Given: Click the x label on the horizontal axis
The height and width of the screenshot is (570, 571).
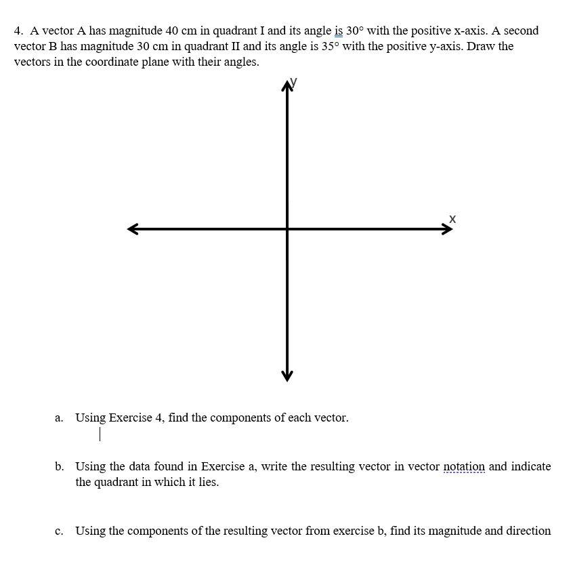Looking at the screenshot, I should click(x=452, y=219).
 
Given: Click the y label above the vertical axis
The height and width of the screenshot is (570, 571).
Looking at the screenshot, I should click(x=293, y=83).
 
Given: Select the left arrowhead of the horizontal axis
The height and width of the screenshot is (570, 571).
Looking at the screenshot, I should click(x=133, y=229).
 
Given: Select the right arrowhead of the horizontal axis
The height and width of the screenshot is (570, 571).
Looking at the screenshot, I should click(x=447, y=229).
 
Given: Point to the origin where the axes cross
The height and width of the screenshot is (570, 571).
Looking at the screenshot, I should click(x=287, y=229).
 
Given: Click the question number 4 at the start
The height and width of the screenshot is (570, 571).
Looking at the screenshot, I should click(x=18, y=31).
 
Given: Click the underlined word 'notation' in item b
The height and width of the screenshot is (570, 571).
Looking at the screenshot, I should click(x=464, y=466).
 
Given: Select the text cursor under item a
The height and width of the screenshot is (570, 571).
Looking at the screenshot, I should click(x=100, y=434).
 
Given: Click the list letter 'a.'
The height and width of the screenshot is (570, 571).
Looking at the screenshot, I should click(x=60, y=418).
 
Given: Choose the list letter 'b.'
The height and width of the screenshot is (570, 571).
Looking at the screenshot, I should click(x=60, y=466).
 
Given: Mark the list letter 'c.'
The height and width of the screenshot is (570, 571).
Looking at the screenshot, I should click(x=60, y=531).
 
